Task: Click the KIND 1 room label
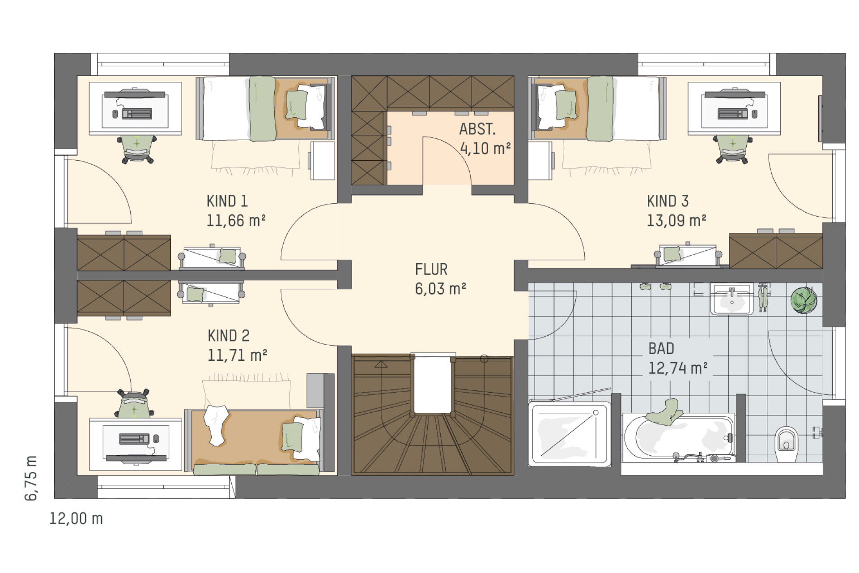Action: coord(227,201)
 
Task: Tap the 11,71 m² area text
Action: coord(237,355)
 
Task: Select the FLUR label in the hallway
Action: coord(431,269)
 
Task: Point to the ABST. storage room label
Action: coord(477,129)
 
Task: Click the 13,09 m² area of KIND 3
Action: coord(676,221)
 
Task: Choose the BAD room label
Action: coord(661,348)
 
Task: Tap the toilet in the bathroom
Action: coord(786,444)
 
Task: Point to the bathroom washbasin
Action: coord(731,299)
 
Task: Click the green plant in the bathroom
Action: coord(804,299)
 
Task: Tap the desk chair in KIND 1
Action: coord(137,149)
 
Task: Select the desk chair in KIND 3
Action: coord(732,149)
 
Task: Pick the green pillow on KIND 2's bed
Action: coord(292,436)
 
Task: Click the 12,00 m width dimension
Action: coord(76,518)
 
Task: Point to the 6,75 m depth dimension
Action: coord(31,478)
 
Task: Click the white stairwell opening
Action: coord(432,385)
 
